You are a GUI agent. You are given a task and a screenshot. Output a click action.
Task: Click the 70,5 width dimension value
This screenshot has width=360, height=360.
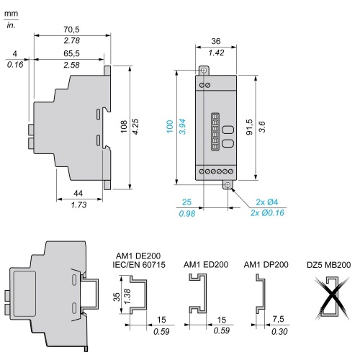pos(71,30)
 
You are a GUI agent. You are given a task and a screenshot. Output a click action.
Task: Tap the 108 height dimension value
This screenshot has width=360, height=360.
pos(124,127)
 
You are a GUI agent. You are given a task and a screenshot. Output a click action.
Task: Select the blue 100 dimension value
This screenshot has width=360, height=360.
pos(170,127)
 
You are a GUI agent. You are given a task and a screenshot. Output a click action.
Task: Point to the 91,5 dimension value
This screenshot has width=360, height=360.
pos(250,127)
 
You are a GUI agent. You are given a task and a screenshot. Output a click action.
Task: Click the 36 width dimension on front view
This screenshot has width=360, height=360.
pos(216,41)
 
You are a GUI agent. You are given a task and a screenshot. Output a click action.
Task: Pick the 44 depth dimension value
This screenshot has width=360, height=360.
pos(78,193)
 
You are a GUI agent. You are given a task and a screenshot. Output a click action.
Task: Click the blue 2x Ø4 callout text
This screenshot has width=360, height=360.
pos(267,202)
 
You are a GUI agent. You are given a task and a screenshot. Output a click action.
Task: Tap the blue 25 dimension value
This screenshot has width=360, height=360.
pos(186,202)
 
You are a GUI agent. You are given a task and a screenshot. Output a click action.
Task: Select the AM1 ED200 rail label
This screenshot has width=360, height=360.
pos(206,264)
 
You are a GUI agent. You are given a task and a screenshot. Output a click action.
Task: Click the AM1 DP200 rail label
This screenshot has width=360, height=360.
pos(266,264)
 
